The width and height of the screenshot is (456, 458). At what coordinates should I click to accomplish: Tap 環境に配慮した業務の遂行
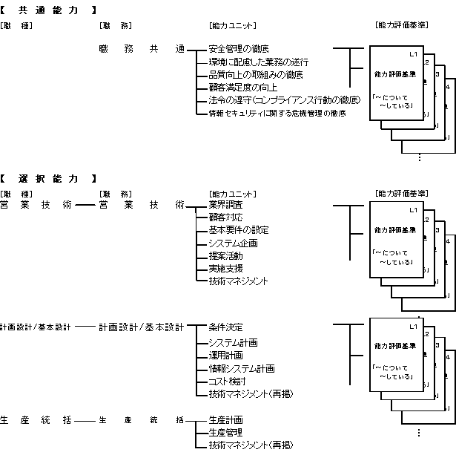[258, 62]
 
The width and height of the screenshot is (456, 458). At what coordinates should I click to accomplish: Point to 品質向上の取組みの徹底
[255, 75]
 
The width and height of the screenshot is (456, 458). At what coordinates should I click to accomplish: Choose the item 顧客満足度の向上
[242, 88]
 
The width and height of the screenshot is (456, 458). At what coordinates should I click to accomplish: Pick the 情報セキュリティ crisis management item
[277, 114]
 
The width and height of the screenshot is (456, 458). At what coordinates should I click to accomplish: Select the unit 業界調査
[225, 204]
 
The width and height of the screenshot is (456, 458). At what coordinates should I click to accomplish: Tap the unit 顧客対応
[225, 217]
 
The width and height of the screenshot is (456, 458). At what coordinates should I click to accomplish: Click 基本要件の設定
[238, 230]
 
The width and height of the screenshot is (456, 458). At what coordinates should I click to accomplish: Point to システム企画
[233, 243]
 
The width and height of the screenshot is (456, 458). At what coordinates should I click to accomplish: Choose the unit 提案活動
[225, 256]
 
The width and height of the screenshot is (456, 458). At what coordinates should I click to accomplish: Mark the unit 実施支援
[225, 269]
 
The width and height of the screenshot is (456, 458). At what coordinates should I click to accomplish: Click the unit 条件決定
[225, 327]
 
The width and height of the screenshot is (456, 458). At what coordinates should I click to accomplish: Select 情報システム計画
[241, 368]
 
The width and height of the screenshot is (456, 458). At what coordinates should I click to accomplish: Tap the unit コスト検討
[228, 381]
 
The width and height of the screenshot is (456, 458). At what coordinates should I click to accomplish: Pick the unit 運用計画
[225, 356]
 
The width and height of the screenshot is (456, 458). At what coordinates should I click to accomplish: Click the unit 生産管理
[225, 433]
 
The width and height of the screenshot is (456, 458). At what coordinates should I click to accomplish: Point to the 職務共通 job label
[141, 49]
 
